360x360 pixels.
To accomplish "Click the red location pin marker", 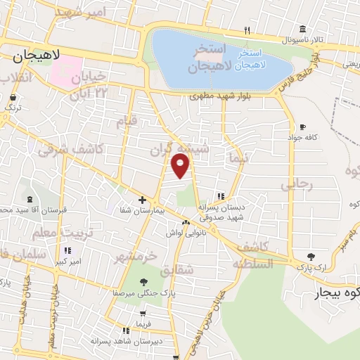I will [181, 165].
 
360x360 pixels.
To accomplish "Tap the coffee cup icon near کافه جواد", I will [302, 127].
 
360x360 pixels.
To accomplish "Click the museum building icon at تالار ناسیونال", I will [302, 29].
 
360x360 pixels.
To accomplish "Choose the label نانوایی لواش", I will [186, 232].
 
